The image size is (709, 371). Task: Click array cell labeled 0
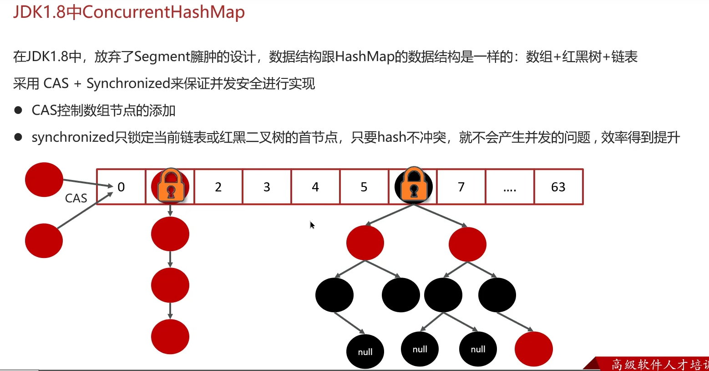coord(121,187)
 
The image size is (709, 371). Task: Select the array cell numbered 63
coord(558,187)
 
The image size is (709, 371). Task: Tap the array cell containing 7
coord(461,187)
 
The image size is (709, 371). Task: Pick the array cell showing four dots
coord(510,187)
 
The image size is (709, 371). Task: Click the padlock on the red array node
coord(171,185)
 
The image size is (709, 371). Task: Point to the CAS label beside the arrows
coord(76,198)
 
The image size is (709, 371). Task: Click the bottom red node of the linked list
coord(170,337)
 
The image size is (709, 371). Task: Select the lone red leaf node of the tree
coord(533,349)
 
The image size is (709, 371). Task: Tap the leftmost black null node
coord(365,351)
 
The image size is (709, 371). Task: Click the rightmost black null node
coord(478,349)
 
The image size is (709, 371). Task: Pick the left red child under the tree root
coord(365,243)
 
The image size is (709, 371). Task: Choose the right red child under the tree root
coord(467,244)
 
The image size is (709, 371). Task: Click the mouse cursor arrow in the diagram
coord(312,225)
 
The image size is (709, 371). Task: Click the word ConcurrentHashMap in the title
coord(163,12)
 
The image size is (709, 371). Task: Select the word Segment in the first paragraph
coord(162,57)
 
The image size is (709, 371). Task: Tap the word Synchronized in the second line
coord(128,83)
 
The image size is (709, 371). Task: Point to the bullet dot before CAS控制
coord(18,110)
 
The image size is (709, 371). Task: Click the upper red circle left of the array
coord(44,180)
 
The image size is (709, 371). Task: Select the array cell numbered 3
coord(267,187)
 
